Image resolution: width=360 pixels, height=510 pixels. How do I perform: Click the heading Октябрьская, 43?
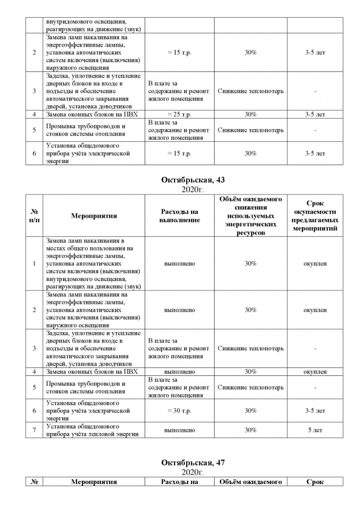193,180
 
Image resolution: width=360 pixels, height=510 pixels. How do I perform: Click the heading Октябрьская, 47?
193,462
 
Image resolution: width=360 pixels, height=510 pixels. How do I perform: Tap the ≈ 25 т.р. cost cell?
179,114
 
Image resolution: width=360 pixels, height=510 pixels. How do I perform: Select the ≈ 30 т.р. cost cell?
179,411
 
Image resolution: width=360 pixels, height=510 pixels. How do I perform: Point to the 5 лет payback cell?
315,430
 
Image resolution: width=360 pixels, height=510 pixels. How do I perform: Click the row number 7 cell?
34,430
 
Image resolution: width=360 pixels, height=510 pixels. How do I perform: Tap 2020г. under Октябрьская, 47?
193,472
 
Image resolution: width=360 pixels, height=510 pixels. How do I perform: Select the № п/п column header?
34,216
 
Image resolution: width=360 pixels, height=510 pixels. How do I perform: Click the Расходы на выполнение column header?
179,216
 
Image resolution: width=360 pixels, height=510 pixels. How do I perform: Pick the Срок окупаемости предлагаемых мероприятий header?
315,216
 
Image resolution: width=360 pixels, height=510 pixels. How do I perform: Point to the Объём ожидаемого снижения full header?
250,216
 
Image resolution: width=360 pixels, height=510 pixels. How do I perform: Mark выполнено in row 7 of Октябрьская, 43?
179,430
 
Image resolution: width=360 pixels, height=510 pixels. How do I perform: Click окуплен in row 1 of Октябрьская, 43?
315,264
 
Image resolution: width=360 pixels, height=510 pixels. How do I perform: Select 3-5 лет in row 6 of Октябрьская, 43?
315,411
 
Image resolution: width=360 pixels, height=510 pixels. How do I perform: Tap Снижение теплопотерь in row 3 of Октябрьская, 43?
250,349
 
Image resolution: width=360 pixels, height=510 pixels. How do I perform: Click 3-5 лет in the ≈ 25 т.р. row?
315,114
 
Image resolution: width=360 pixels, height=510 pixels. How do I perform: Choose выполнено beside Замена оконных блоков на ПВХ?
179,371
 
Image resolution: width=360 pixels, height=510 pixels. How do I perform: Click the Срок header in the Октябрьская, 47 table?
315,482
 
